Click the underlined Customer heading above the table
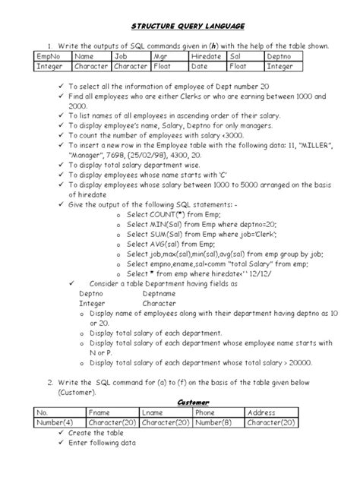(193, 402)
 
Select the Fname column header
(100, 412)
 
